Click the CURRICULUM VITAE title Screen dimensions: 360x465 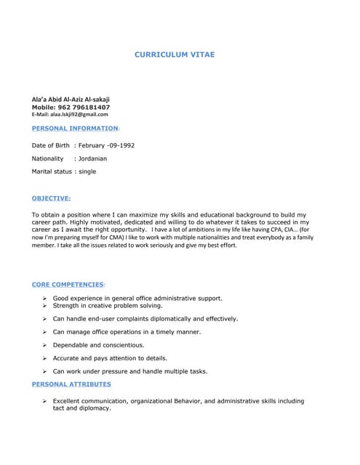point(175,54)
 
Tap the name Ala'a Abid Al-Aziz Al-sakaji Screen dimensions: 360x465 point(71,99)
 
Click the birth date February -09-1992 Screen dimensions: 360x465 point(107,145)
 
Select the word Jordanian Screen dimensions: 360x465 point(93,158)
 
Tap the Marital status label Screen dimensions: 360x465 point(52,171)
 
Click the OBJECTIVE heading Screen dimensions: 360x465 point(52,198)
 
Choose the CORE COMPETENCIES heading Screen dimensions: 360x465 point(68,284)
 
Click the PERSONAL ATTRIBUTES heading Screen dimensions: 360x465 point(71,384)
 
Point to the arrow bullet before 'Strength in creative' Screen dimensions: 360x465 point(45,306)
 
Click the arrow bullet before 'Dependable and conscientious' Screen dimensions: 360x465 point(45,345)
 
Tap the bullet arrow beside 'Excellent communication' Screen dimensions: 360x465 point(45,401)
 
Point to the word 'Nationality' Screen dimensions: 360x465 point(48,158)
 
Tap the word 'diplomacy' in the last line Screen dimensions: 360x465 point(95,408)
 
